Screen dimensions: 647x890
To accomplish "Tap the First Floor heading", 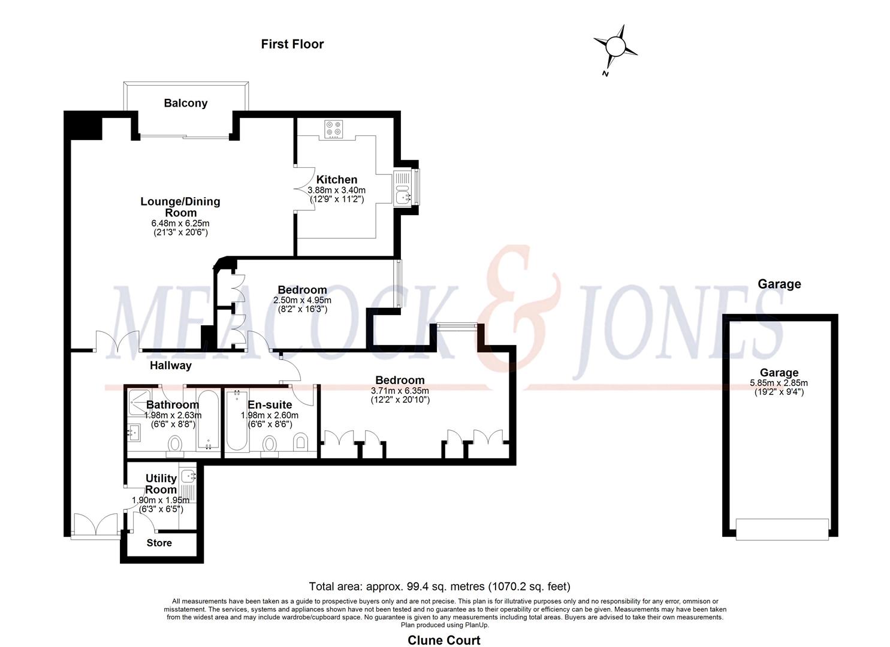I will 292,44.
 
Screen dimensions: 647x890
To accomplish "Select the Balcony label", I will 186,103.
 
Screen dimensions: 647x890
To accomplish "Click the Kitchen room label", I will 337,180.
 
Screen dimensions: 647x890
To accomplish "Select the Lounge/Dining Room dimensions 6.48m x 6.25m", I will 180,223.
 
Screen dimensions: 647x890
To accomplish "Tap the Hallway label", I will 171,365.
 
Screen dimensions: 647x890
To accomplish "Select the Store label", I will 159,543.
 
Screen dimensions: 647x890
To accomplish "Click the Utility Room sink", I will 188,477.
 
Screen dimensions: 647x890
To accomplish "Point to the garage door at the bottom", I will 782,529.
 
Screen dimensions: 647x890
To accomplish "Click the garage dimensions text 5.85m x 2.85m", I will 779,383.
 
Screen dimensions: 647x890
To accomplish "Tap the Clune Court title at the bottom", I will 444,640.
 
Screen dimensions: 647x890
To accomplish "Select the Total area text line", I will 439,586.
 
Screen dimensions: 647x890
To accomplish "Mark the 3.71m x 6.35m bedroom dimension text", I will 400,390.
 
